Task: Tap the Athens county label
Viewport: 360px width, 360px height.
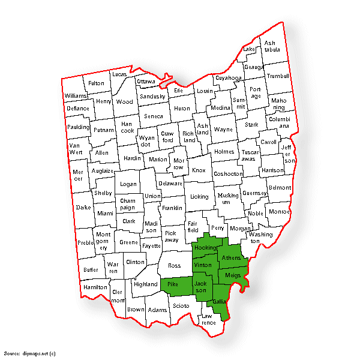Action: pos(231,258)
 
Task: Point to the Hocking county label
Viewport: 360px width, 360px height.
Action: pos(206,248)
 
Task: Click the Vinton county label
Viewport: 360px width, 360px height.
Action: pos(203,265)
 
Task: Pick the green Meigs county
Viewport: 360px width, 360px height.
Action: pos(232,275)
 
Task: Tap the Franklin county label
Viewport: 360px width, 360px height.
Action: pos(172,208)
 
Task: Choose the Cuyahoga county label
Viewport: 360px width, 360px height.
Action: pos(229,78)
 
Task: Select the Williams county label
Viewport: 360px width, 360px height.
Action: pos(76,96)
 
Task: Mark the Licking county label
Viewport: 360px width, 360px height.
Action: pos(199,197)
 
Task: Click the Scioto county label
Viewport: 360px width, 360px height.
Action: pos(181,305)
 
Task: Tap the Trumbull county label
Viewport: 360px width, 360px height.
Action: pos(278,76)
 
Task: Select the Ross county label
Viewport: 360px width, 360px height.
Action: pos(174,265)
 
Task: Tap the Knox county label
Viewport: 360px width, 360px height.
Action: pos(199,170)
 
